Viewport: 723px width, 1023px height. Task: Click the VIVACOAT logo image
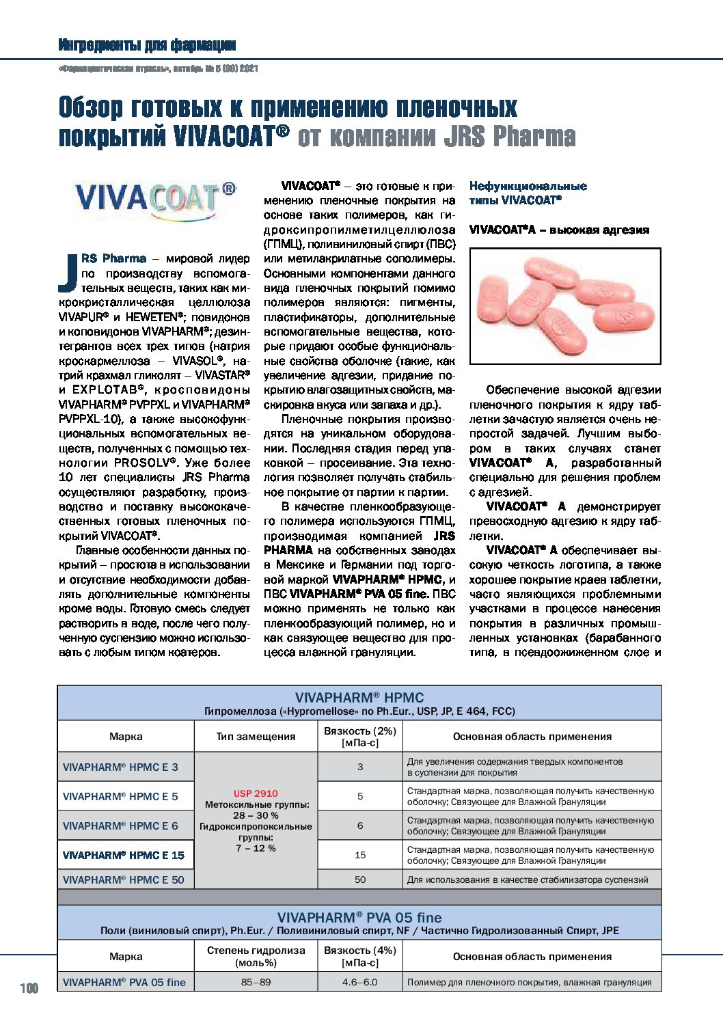pyautogui.click(x=154, y=201)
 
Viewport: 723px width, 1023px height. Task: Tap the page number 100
pyautogui.click(x=29, y=988)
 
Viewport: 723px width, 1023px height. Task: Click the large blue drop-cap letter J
pyautogui.click(x=68, y=271)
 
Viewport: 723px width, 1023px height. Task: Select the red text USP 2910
pyautogui.click(x=256, y=793)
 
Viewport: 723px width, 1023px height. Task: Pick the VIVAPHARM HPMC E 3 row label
pyautogui.click(x=120, y=767)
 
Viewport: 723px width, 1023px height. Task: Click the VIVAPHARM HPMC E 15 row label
pyautogui.click(x=124, y=855)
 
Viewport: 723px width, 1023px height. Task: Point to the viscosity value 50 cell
pyautogui.click(x=360, y=879)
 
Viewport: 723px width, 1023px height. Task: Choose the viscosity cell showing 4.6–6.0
pyautogui.click(x=360, y=982)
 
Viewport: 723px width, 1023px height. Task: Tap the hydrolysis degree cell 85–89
pyautogui.click(x=256, y=982)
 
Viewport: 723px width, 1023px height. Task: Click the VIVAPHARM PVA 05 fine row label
pyautogui.click(x=124, y=982)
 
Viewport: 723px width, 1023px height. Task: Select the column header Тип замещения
pyautogui.click(x=256, y=736)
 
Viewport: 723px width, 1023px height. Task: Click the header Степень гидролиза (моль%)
pyautogui.click(x=256, y=956)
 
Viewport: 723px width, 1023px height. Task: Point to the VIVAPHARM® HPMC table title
pyautogui.click(x=359, y=698)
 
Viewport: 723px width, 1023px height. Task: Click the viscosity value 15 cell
pyautogui.click(x=360, y=855)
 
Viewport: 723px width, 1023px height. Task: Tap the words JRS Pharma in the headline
pyautogui.click(x=509, y=136)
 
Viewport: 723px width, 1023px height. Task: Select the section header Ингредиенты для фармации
pyautogui.click(x=147, y=45)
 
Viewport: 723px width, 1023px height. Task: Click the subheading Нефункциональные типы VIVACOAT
pyautogui.click(x=528, y=193)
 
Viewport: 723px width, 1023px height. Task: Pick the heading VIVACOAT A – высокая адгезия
pyautogui.click(x=559, y=230)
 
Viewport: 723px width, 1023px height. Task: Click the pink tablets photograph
pyautogui.click(x=565, y=305)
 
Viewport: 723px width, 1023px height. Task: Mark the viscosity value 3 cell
pyautogui.click(x=360, y=767)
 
